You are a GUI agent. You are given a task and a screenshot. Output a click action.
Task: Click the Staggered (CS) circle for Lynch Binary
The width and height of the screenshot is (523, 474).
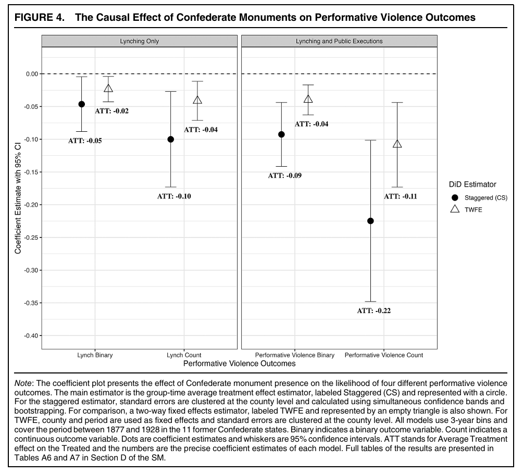[82, 104]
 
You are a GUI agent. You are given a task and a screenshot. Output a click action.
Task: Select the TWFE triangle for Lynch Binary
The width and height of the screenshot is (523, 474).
[108, 89]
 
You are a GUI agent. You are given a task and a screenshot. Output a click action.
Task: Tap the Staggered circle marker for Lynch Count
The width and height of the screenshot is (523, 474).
[171, 139]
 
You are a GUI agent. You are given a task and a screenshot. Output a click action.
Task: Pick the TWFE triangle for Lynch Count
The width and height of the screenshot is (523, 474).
[197, 100]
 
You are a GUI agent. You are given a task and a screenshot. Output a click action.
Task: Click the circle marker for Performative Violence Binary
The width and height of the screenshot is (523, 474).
[282, 134]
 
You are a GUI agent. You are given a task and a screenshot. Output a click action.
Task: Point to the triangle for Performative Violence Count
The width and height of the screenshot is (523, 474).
[397, 144]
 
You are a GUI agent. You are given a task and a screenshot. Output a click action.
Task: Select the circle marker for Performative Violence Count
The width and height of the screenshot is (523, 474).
[371, 221]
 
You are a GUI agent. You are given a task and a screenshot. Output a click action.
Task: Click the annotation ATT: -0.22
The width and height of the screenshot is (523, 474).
[373, 311]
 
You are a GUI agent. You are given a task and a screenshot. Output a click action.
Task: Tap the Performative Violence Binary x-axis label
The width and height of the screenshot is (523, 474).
[295, 355]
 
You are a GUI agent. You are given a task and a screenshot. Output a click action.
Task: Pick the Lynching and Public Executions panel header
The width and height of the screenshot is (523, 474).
[339, 41]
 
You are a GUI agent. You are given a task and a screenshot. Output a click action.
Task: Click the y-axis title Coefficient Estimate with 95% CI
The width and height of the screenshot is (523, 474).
[18, 192]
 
